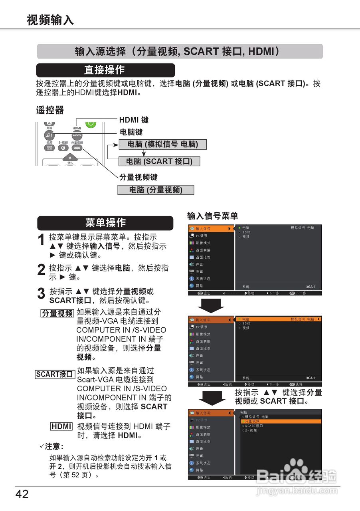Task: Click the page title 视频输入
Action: coord(50,20)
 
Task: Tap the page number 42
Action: coord(22,494)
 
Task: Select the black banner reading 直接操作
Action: coord(105,70)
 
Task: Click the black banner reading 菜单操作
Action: coord(105,223)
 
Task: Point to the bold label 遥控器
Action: coord(50,110)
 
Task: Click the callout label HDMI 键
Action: coord(134,120)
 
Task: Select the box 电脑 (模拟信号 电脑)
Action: coord(162,145)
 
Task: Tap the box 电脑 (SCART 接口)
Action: coord(159,161)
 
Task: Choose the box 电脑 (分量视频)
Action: coord(156,190)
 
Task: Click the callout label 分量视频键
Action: coord(138,177)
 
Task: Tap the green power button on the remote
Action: coord(91,123)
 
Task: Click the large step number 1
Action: coord(41,240)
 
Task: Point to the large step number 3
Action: coord(41,294)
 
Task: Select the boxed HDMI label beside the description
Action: coord(61,426)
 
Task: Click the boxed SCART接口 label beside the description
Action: coord(55,374)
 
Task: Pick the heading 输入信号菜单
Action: coord(213,216)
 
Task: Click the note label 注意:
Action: coord(53,446)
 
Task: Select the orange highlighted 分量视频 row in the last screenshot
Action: coord(281,421)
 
